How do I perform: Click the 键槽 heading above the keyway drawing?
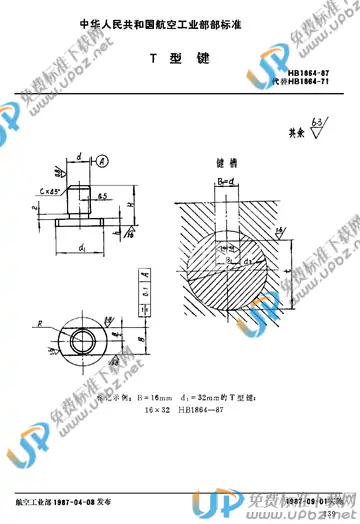coord(228,159)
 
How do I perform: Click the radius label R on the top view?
coord(40,323)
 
